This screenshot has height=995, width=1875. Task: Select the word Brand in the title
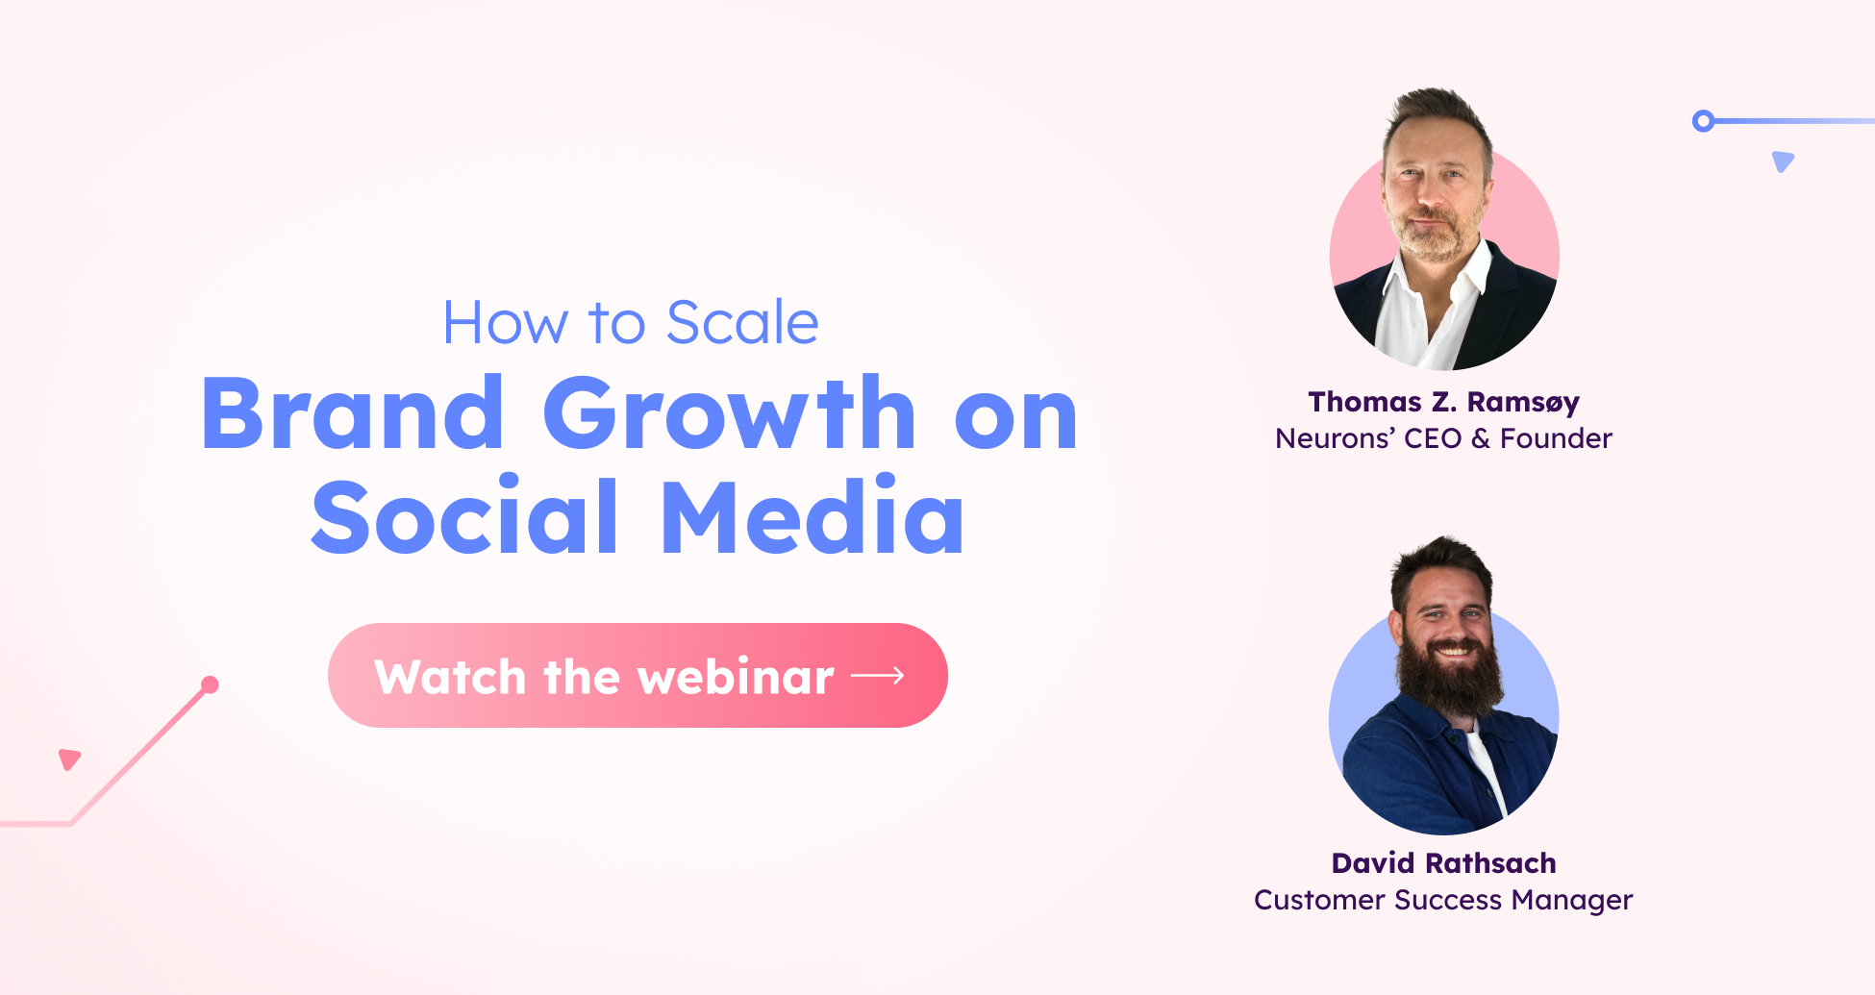click(x=353, y=414)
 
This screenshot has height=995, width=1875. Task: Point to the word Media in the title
click(x=812, y=518)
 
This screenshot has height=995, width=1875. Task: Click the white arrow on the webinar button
click(x=878, y=676)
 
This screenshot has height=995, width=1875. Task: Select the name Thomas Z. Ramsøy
click(x=1443, y=402)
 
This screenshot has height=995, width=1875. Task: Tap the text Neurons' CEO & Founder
click(x=1443, y=438)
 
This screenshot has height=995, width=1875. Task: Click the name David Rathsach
click(x=1443, y=863)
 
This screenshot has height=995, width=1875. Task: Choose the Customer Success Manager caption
click(x=1443, y=900)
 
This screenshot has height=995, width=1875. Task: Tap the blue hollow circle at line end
click(x=1703, y=121)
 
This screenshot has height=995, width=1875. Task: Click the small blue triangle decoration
click(x=1783, y=161)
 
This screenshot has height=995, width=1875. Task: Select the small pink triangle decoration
click(x=69, y=759)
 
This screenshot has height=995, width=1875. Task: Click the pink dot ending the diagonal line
click(x=210, y=684)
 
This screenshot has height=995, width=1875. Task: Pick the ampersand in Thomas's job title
click(x=1481, y=438)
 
